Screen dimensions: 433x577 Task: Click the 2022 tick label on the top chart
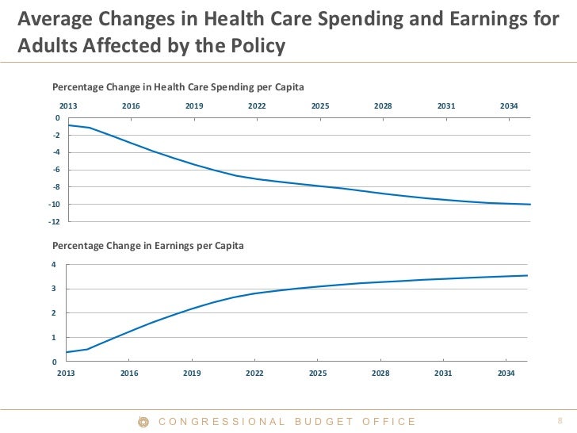click(x=257, y=106)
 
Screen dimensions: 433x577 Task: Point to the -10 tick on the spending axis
click(x=54, y=205)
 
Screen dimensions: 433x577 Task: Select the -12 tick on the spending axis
click(x=54, y=221)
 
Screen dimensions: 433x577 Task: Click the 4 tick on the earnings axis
click(x=55, y=265)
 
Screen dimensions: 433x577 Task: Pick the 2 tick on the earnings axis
click(x=55, y=313)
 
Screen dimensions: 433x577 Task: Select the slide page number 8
click(x=560, y=422)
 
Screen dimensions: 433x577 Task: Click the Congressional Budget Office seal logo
click(x=144, y=422)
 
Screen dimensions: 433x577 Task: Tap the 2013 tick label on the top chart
click(x=69, y=106)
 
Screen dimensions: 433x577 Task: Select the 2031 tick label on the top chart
click(x=446, y=106)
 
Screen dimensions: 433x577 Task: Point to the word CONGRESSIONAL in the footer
click(x=222, y=422)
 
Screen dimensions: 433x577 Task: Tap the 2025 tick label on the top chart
click(x=320, y=106)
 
